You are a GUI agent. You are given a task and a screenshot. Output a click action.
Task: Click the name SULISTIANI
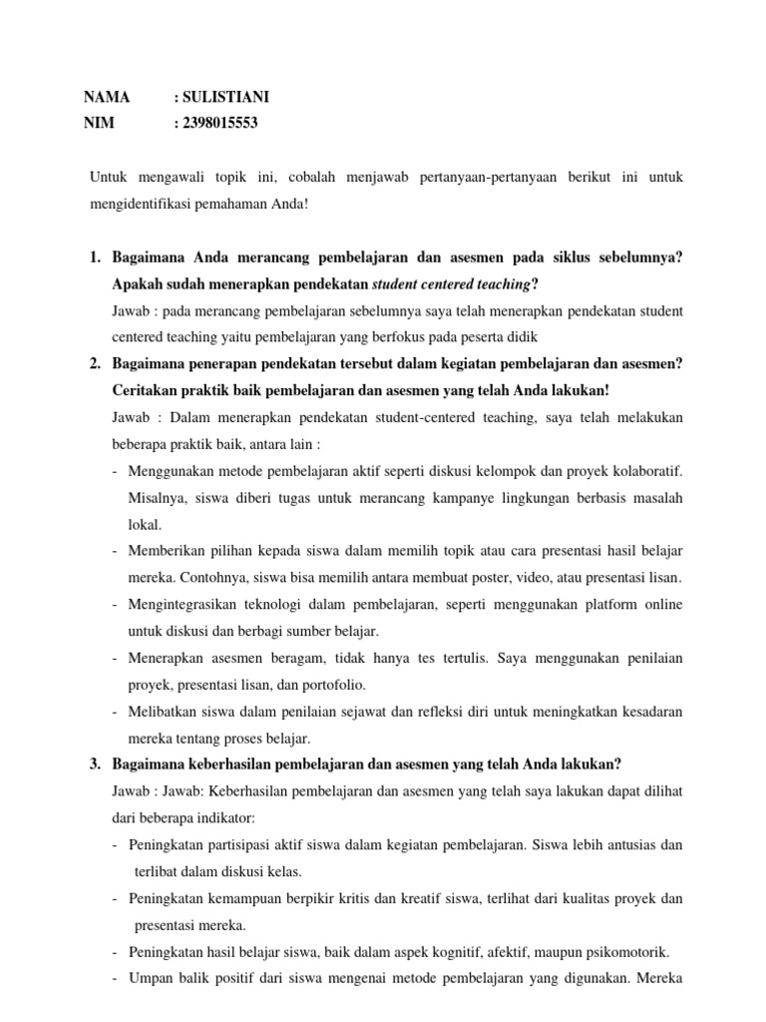coord(225,97)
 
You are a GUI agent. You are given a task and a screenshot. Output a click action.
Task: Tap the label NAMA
coord(107,97)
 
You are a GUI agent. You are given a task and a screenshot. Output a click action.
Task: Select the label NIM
coord(101,123)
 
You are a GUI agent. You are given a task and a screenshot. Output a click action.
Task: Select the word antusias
coord(626,844)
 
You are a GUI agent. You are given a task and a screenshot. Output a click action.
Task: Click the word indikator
coord(225,818)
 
